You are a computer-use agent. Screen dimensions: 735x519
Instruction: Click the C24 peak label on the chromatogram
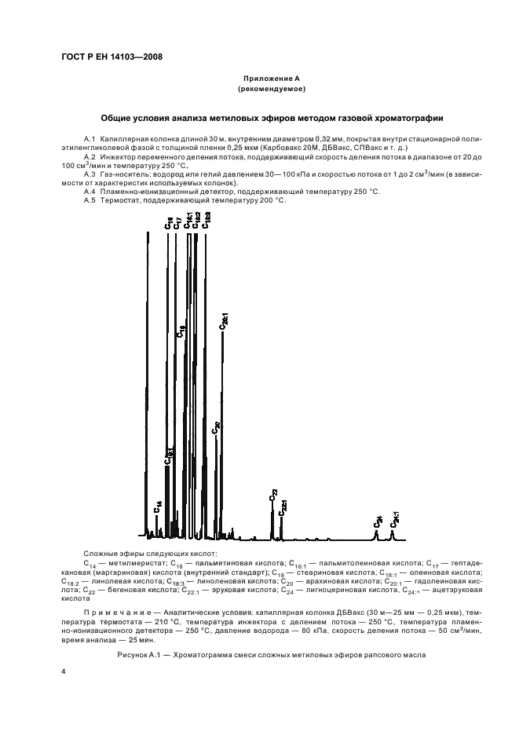[x=378, y=521]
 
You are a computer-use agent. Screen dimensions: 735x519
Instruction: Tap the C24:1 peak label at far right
[x=395, y=518]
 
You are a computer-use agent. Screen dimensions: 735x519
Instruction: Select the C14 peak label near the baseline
[x=157, y=506]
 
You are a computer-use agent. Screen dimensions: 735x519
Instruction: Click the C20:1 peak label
[x=224, y=318]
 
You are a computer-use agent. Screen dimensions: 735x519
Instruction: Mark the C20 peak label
[x=216, y=428]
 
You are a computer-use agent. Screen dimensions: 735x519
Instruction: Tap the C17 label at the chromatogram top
[x=178, y=223]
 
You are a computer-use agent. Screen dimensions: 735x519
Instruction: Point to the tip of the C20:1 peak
[x=223, y=333]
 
